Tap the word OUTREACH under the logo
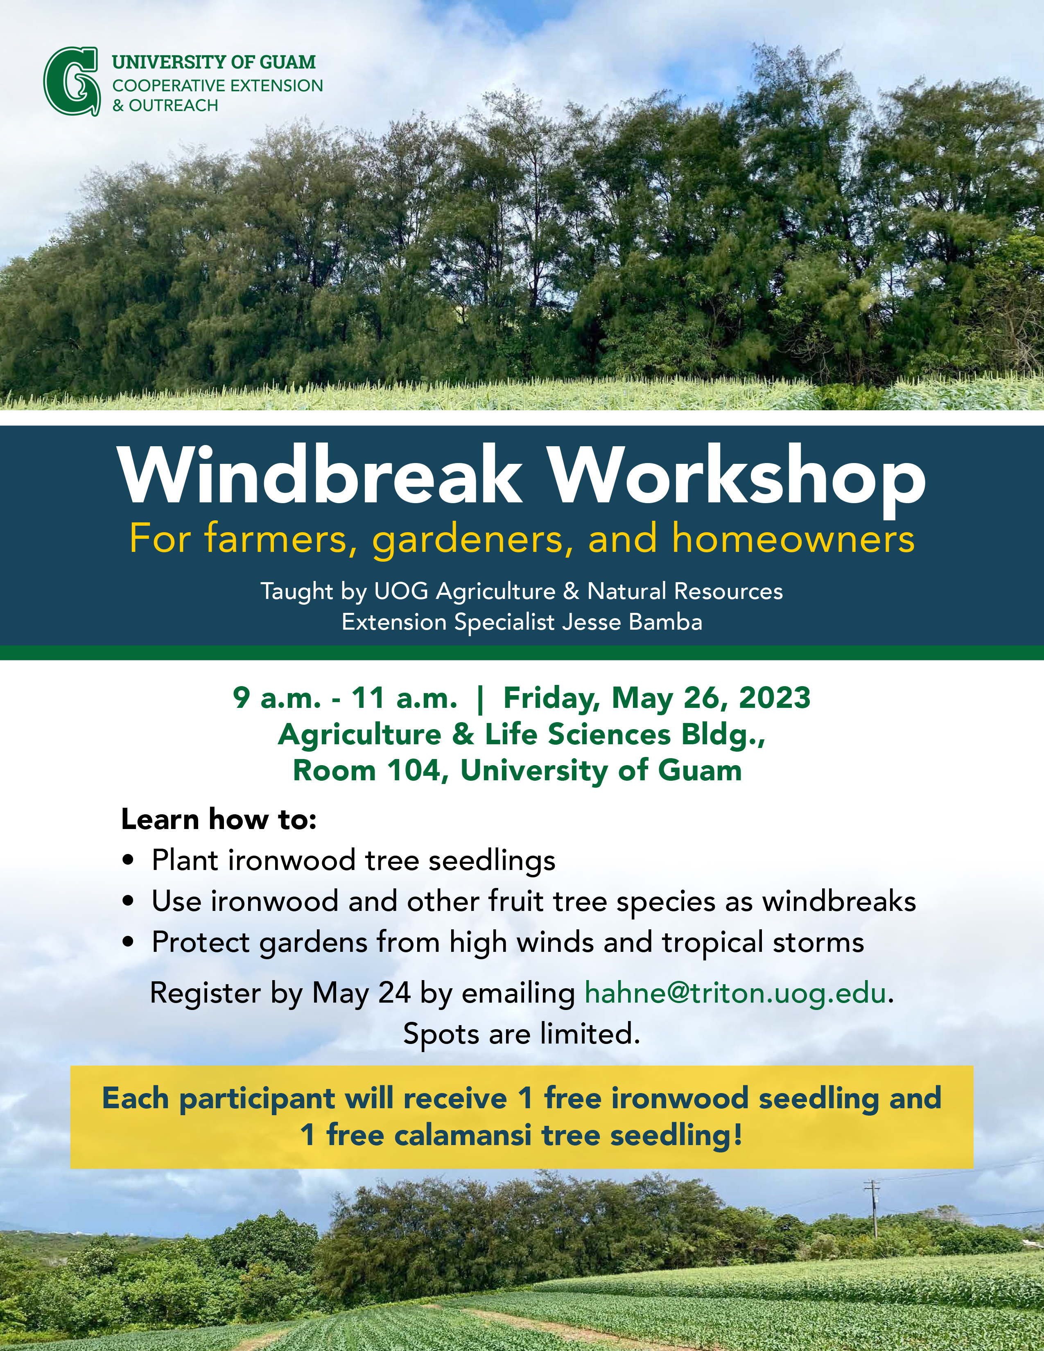[x=174, y=106]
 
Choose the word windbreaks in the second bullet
[x=838, y=901]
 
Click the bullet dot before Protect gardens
[x=129, y=943]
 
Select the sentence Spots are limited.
[x=521, y=1034]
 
